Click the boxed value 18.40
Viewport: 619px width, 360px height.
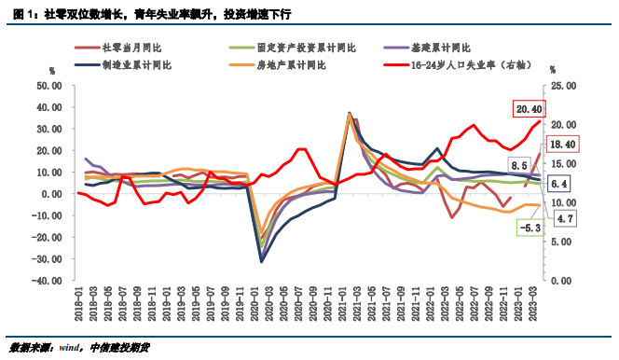pyautogui.click(x=561, y=144)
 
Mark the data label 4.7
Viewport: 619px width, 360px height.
pyautogui.click(x=565, y=217)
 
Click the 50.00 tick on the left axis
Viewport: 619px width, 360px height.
pyautogui.click(x=47, y=85)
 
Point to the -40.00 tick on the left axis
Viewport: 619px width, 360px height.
pyautogui.click(x=45, y=280)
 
